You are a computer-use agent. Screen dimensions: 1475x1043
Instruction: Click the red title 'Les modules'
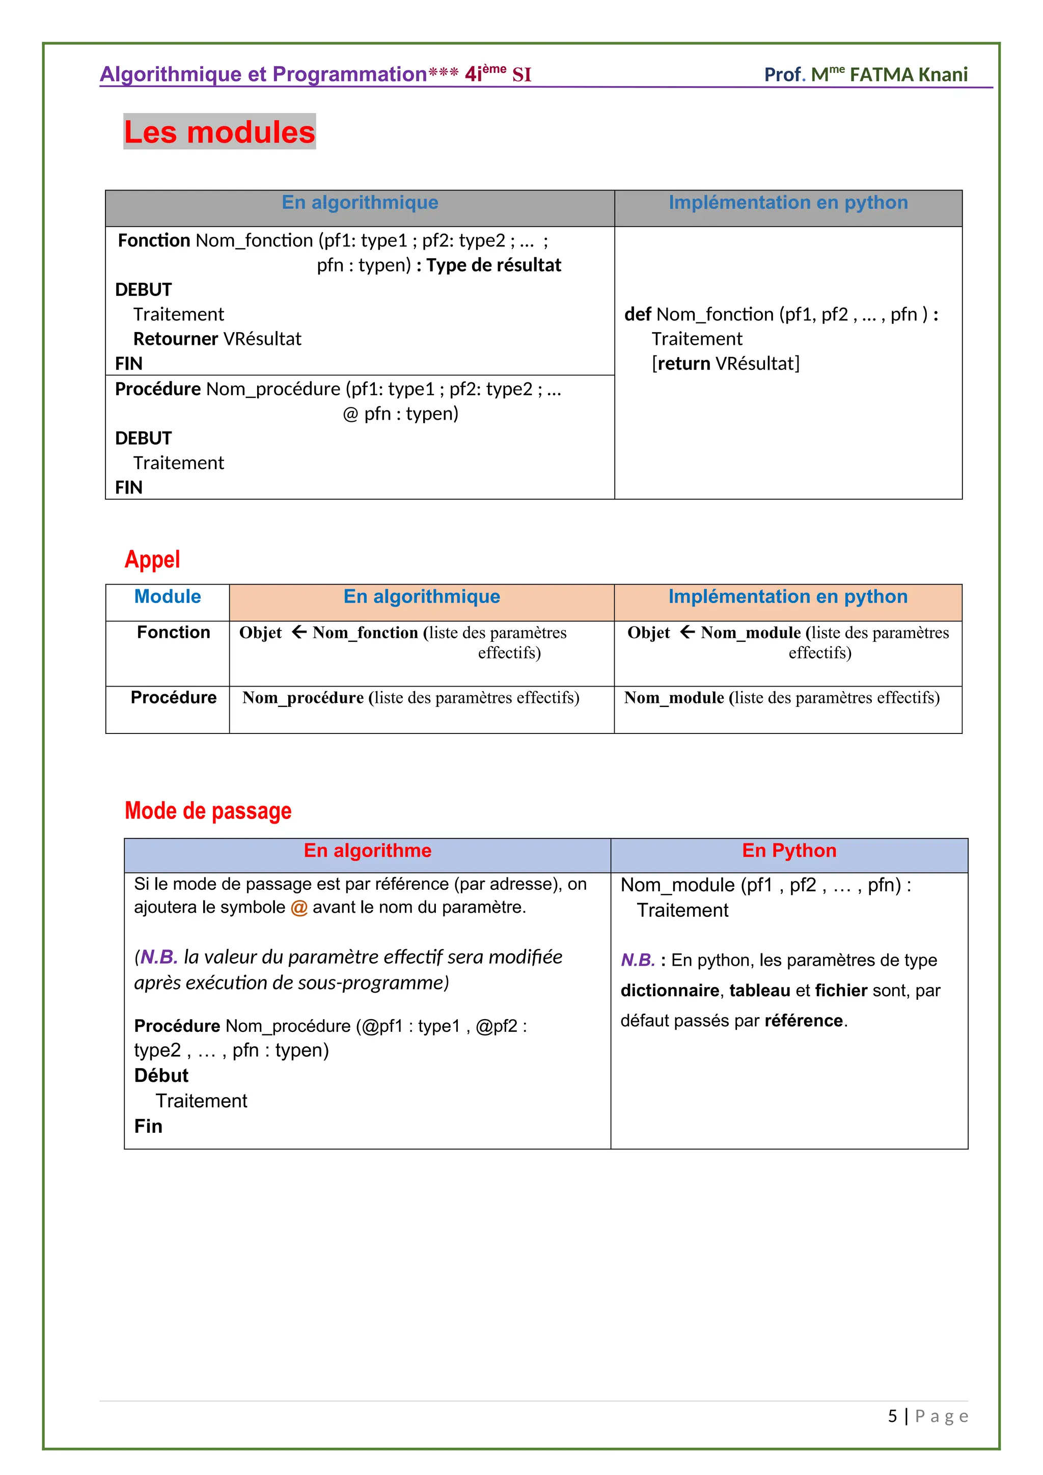tap(219, 132)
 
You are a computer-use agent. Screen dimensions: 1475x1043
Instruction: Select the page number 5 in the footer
tap(892, 1416)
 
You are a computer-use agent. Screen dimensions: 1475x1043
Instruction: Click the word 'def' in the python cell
tap(637, 314)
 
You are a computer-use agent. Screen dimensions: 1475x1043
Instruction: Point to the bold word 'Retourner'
tap(175, 339)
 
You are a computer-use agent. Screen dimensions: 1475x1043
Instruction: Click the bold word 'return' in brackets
tap(683, 364)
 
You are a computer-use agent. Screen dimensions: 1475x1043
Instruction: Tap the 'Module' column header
tap(167, 596)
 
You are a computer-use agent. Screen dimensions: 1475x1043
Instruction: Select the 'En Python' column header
tap(789, 851)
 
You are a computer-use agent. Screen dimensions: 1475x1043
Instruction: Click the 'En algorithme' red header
tap(367, 851)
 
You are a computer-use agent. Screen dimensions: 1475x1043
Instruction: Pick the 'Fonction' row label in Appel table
tap(173, 632)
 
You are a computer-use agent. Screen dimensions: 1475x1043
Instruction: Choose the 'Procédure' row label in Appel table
tap(173, 697)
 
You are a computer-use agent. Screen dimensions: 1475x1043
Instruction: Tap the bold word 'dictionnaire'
tap(669, 990)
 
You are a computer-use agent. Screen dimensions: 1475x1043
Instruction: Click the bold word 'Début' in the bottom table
tap(161, 1075)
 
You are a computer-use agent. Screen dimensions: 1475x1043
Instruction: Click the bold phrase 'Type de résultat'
tap(493, 265)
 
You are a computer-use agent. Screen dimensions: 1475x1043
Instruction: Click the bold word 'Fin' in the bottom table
tap(148, 1126)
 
